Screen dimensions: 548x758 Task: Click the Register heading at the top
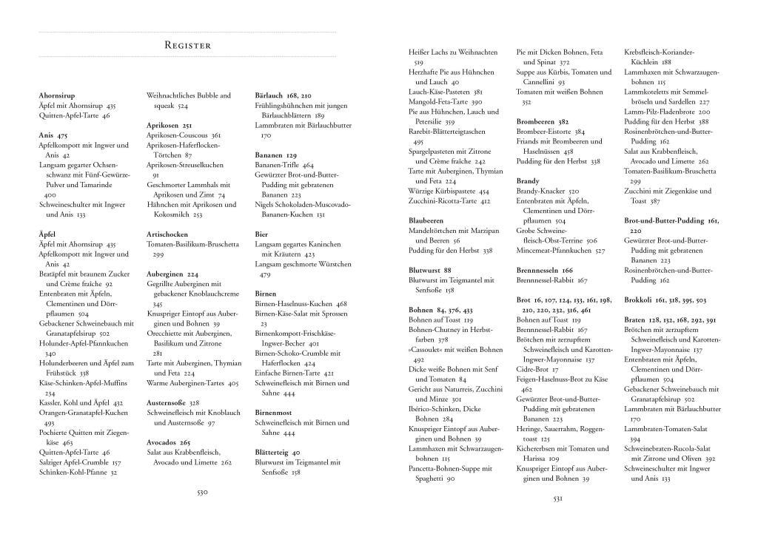(187, 45)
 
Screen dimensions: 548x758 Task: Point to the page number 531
(560, 498)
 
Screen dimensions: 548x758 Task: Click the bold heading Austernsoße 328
(173, 403)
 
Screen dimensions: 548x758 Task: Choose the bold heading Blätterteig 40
(278, 453)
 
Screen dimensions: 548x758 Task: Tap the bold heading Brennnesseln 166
(545, 270)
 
